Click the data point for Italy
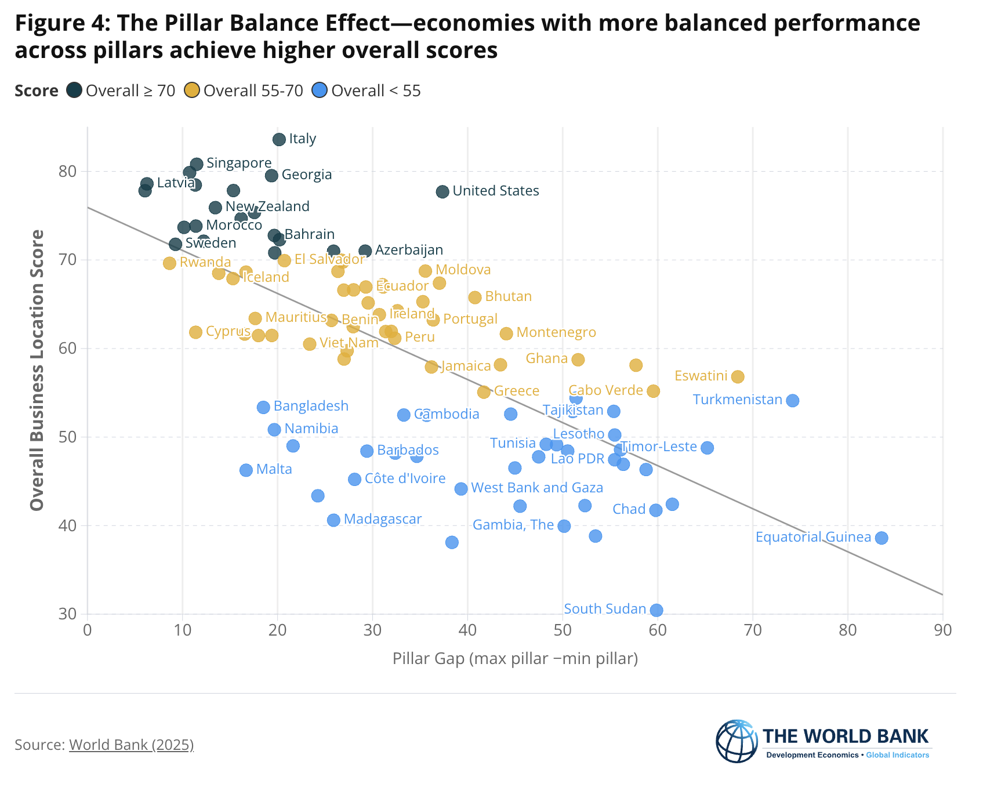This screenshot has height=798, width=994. point(279,139)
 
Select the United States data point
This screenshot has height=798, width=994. point(442,191)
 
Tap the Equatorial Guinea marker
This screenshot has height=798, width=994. point(881,538)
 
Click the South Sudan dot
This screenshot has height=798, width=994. point(656,610)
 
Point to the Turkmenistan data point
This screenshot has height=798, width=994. point(793,400)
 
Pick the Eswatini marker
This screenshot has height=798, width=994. point(738,376)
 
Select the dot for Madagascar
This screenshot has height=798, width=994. point(333,520)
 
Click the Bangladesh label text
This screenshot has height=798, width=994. point(311,406)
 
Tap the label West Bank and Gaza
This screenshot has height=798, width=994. point(537,488)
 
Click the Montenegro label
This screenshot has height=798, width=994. point(556,332)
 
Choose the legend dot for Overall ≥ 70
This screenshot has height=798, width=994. point(74,90)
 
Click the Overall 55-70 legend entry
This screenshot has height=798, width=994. point(244,90)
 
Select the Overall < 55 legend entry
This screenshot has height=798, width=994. point(367,90)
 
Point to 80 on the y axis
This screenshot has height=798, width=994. point(68,172)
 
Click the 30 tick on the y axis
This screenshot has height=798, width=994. point(68,614)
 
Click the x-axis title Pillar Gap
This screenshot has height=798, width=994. point(515,659)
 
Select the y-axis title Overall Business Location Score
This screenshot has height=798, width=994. point(37,370)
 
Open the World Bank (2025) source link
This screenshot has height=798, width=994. point(131,745)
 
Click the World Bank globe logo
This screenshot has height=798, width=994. point(737,741)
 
